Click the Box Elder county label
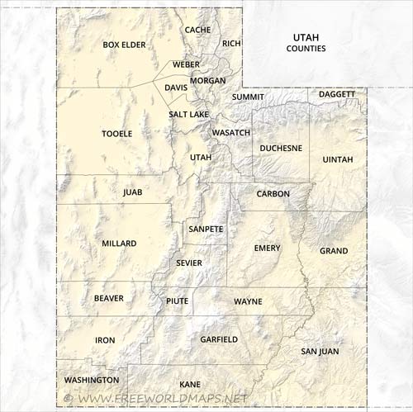coord(124,45)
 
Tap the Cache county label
coord(198,30)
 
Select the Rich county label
coord(231,43)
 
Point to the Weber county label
coord(186,64)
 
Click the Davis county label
coord(176,87)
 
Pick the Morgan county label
coord(207,81)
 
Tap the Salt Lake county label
coord(188,114)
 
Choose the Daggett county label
coord(337,94)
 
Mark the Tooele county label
coord(116,133)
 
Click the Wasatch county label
coord(231,132)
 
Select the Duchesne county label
coord(281,149)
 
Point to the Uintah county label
coord(337,159)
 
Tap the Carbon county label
coord(273,193)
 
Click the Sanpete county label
coord(206,228)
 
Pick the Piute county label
coord(178,301)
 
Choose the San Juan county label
coord(319,351)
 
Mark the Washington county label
coord(92,380)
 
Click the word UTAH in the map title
coord(306,37)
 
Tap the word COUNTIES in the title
coord(306,49)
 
